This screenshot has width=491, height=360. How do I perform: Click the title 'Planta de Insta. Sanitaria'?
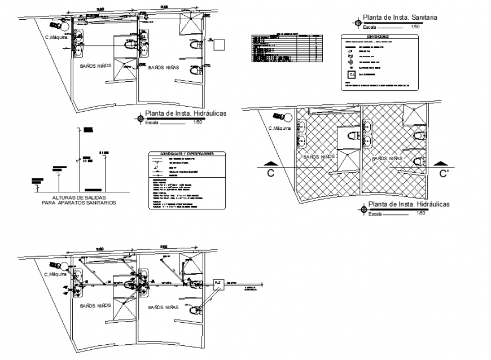click(400, 17)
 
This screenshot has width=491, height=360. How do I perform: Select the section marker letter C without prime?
click(270, 174)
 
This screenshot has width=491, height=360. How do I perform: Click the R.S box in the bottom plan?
click(218, 284)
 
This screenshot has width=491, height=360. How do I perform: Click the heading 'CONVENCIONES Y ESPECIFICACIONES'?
click(186, 154)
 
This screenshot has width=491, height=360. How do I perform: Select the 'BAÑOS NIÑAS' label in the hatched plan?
click(387, 159)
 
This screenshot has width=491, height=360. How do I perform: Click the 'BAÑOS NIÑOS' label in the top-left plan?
click(96, 66)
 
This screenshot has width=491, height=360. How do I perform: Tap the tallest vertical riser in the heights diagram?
click(79, 161)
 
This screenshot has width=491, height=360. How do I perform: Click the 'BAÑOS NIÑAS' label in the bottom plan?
click(164, 308)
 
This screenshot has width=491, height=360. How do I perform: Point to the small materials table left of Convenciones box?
click(287, 47)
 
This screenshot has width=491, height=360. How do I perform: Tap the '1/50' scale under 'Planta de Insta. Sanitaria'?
click(415, 27)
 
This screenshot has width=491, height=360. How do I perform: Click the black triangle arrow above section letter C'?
click(440, 164)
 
